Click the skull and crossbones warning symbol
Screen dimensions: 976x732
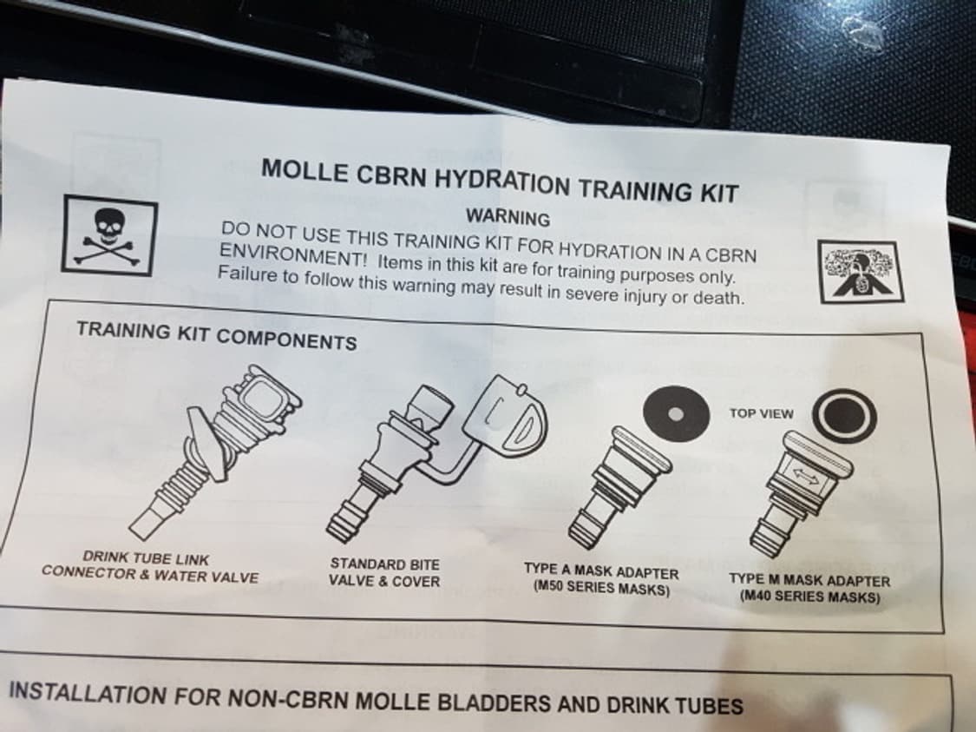[108, 234]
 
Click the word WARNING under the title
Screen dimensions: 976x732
[508, 217]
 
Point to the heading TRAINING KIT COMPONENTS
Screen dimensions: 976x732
[217, 336]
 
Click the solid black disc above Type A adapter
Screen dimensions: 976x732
[677, 413]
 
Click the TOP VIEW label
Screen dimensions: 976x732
[761, 413]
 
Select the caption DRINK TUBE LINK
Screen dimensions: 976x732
[147, 558]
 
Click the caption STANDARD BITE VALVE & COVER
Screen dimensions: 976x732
[384, 572]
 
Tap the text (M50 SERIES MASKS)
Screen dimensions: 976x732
[601, 588]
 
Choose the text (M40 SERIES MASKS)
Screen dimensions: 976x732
[809, 597]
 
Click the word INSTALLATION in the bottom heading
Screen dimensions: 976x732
[88, 694]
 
